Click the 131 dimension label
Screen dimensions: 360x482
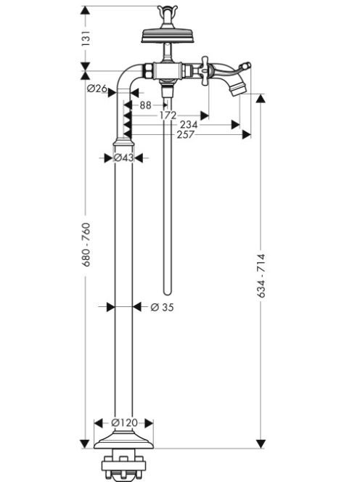(86, 38)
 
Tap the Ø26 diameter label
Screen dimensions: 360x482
(97, 89)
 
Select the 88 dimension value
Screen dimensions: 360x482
(145, 105)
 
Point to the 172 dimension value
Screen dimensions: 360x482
(168, 115)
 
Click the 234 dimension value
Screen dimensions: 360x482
(189, 125)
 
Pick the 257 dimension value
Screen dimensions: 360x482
(186, 134)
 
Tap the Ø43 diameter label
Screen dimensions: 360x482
(123, 158)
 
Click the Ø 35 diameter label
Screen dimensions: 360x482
(162, 307)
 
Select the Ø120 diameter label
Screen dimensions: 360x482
(124, 423)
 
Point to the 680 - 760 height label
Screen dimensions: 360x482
(86, 245)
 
